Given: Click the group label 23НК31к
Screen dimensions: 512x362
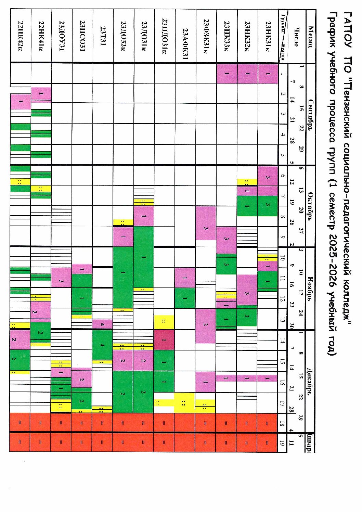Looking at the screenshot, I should pyautogui.click(x=268, y=36).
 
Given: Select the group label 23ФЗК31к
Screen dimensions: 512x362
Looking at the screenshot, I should pyautogui.click(x=206, y=36).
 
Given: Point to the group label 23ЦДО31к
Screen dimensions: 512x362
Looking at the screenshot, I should pyautogui.click(x=165, y=36).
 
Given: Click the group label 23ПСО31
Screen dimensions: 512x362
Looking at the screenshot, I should pyautogui.click(x=82, y=36).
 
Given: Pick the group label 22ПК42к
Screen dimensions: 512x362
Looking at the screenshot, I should pyautogui.click(x=21, y=36).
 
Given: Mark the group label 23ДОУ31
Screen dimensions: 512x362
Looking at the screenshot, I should pyautogui.click(x=62, y=36).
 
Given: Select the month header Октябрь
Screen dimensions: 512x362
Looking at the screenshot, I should pyautogui.click(x=310, y=206).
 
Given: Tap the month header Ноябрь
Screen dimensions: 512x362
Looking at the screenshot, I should pyautogui.click(x=310, y=289).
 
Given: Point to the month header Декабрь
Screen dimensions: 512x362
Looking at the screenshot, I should pyautogui.click(x=310, y=381).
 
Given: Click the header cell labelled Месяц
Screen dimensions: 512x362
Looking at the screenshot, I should pyautogui.click(x=310, y=36).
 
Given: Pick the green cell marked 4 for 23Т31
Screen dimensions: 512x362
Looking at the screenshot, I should pyautogui.click(x=102, y=345).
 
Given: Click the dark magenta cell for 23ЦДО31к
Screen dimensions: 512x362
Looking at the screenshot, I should pyautogui.click(x=164, y=340).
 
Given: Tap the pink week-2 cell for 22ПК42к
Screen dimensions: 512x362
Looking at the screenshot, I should pyautogui.click(x=21, y=102).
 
